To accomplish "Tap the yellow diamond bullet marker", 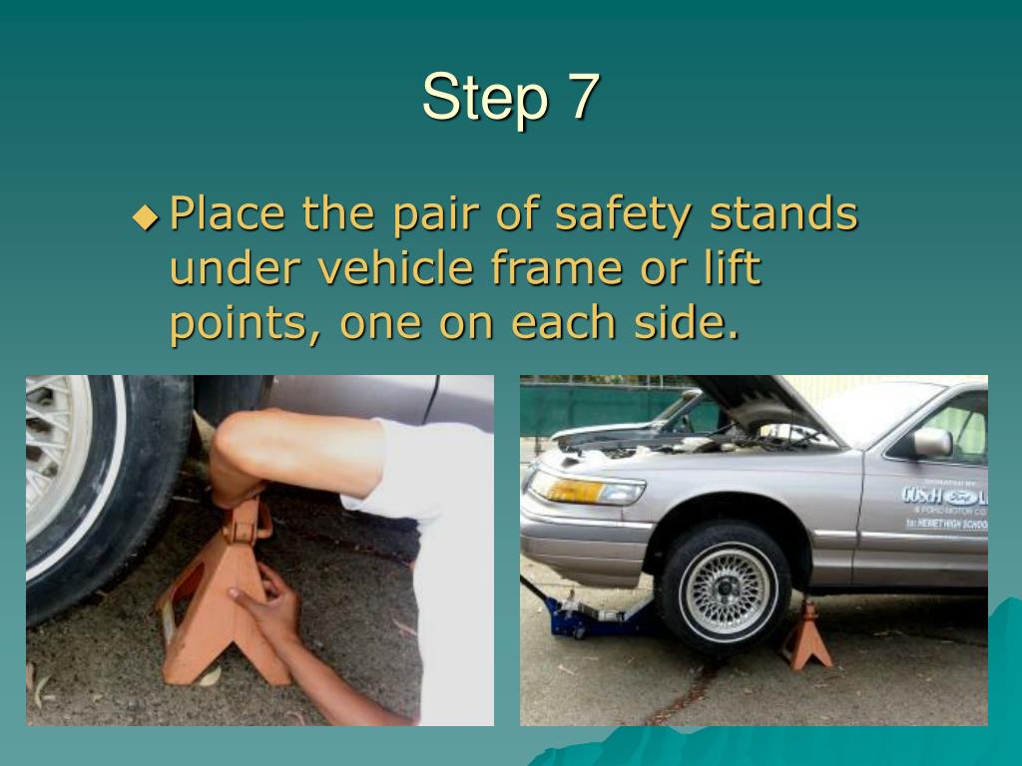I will (146, 215).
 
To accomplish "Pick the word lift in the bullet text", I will (725, 268).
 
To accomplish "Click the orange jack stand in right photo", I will (807, 638).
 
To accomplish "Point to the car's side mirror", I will (929, 442).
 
